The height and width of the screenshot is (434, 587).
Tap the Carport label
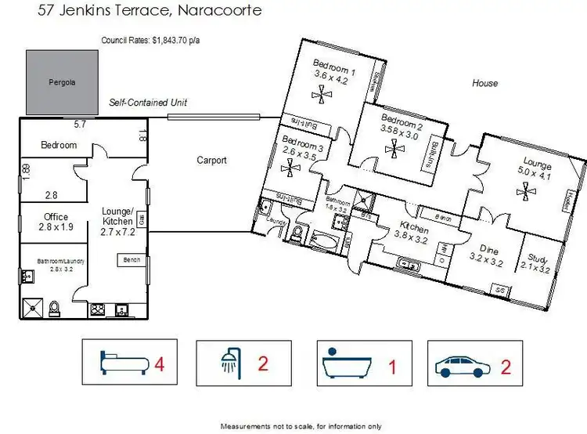[211, 160]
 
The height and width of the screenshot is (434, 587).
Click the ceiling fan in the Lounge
[523, 189]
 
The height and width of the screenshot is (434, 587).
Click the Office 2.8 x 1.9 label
[56, 222]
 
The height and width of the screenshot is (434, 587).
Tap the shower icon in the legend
[229, 363]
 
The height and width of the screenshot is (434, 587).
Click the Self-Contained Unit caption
[148, 103]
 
